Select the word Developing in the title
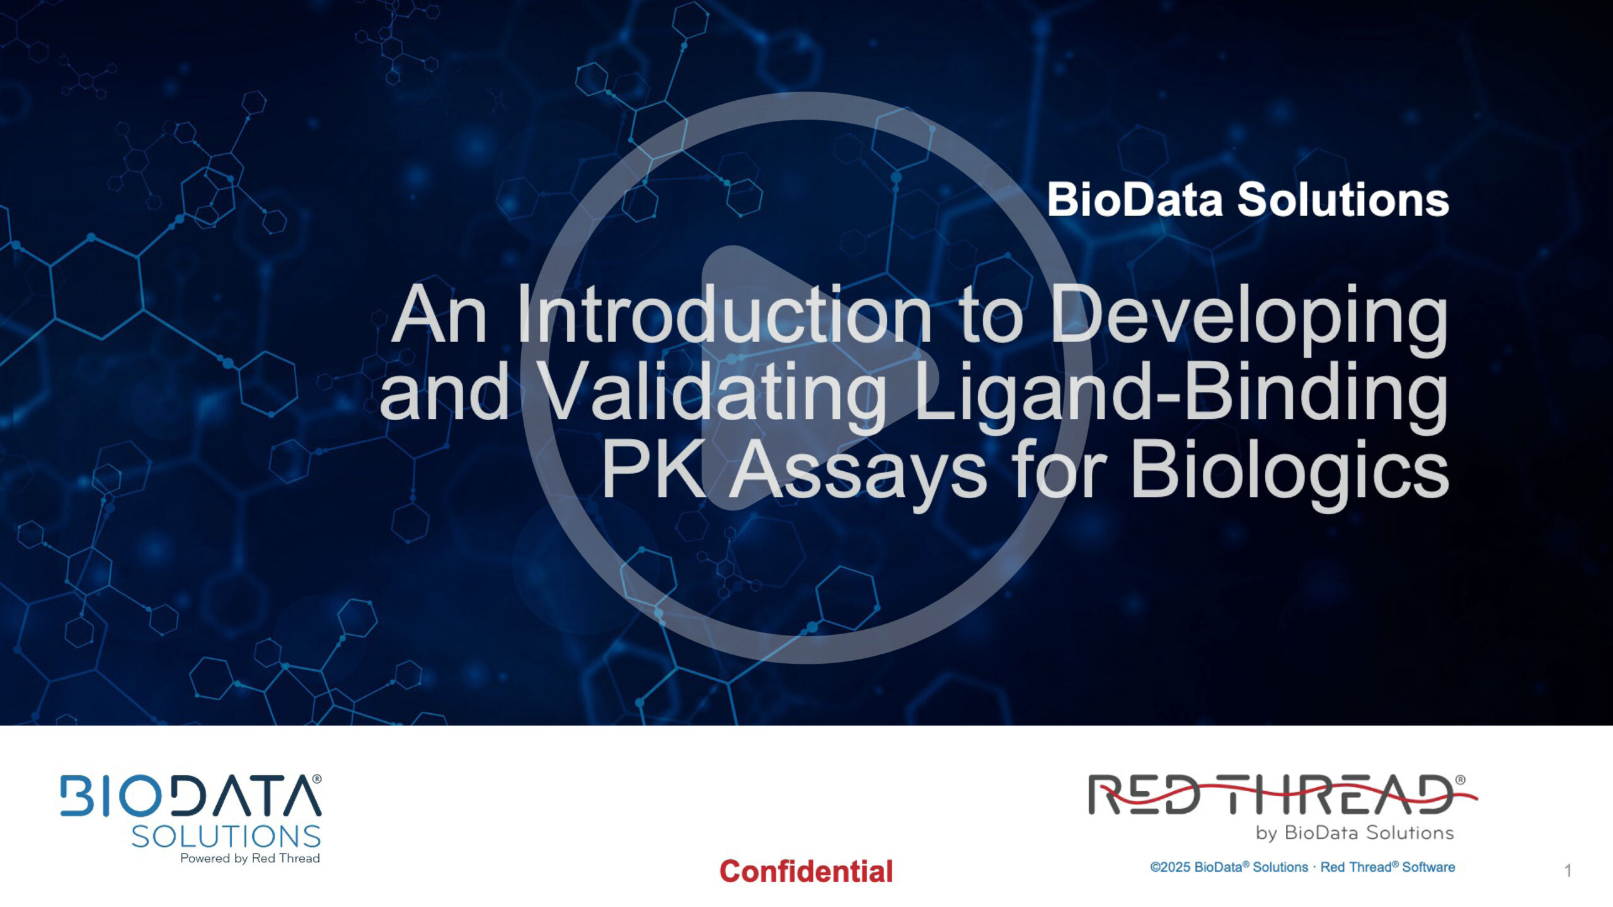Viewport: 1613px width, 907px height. [1249, 319]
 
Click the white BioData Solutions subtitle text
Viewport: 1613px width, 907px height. [1248, 200]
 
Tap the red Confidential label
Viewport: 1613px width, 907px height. [806, 872]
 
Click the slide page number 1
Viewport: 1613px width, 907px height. [1568, 870]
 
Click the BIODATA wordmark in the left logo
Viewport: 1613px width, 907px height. [190, 796]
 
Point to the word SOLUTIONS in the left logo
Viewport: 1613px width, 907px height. [226, 836]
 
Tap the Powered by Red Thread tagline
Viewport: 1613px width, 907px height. [250, 859]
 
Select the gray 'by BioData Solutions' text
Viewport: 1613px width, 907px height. [1355, 833]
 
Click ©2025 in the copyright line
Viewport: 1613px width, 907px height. [1170, 867]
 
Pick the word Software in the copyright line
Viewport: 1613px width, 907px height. [1428, 867]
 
